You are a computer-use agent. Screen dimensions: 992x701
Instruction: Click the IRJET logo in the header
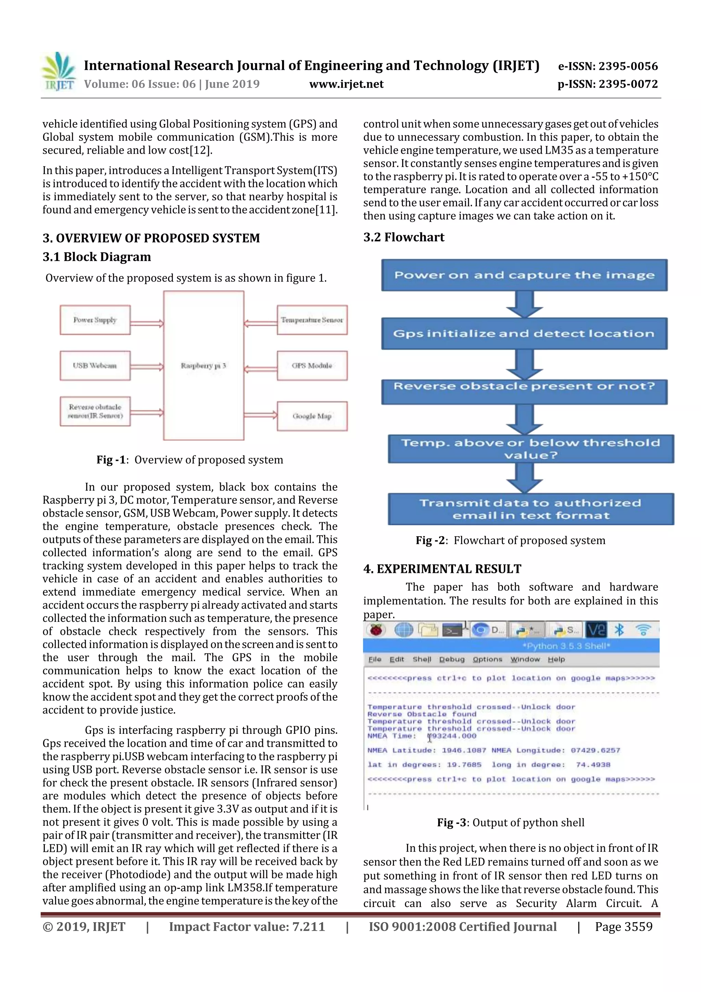(x=59, y=72)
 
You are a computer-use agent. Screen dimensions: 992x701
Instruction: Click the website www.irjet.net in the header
(x=346, y=84)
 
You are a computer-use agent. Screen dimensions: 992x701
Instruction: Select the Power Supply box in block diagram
(x=95, y=320)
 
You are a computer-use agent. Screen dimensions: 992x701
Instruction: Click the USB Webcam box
(x=95, y=365)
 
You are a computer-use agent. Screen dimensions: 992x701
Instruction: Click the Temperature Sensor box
(x=312, y=320)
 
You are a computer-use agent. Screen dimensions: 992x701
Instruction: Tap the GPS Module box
(x=312, y=365)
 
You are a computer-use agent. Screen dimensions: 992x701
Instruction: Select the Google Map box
(x=312, y=416)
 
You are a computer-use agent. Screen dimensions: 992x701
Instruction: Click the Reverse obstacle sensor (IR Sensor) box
(x=95, y=411)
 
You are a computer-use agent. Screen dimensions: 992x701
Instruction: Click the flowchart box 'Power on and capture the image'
(x=524, y=275)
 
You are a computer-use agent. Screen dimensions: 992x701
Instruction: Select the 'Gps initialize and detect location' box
(x=524, y=334)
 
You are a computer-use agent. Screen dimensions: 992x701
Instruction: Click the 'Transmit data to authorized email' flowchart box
(x=531, y=509)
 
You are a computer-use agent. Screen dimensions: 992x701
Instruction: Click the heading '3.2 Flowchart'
(x=404, y=237)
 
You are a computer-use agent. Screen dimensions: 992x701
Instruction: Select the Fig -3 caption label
(x=451, y=822)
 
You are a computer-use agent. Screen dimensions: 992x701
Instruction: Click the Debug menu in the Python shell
(x=451, y=659)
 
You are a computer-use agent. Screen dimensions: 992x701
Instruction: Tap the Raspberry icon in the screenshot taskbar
(x=376, y=630)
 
